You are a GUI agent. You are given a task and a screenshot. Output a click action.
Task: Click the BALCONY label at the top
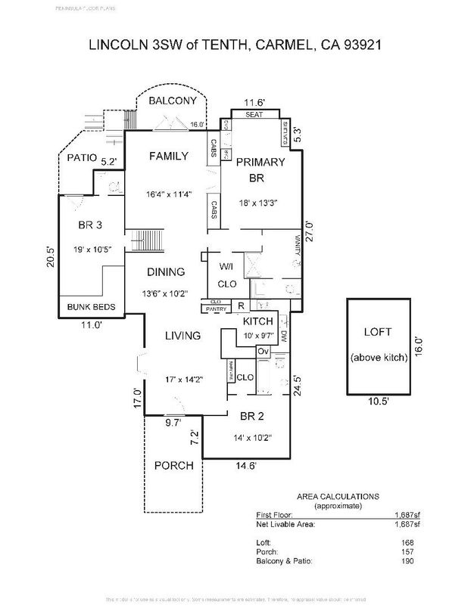pyautogui.click(x=173, y=101)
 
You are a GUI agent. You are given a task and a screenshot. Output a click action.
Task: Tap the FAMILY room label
pyautogui.click(x=168, y=156)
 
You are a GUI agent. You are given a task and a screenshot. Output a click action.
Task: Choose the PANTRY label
pyautogui.click(x=214, y=309)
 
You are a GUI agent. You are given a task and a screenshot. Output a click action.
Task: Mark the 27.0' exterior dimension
pyautogui.click(x=308, y=229)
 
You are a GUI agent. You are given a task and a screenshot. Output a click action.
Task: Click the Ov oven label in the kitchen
pyautogui.click(x=264, y=352)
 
